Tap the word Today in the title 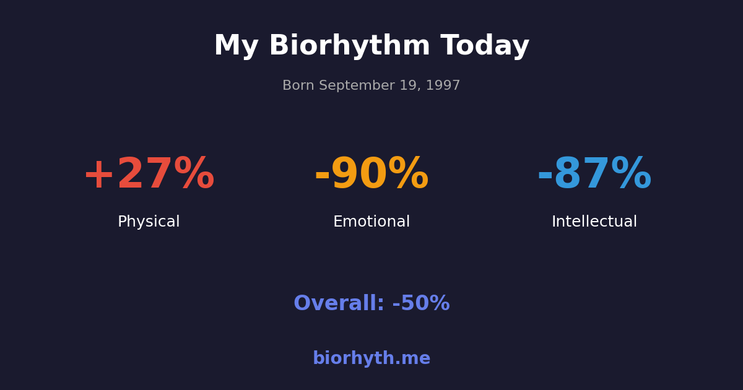coord(485,46)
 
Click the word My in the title coord(236,46)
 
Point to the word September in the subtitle coord(354,86)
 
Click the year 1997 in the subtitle coord(443,86)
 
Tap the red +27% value coord(149,175)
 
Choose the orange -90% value coord(371,175)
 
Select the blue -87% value coord(594,175)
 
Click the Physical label coord(149,222)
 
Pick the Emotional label coord(371,222)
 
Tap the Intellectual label coord(594,222)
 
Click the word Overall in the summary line coord(338,304)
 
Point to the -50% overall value coord(421,304)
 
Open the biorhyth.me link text coord(371,359)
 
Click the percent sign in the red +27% coord(194,175)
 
